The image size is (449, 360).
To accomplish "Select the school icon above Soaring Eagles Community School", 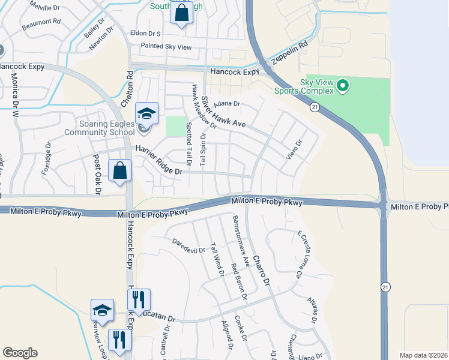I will [x=146, y=113].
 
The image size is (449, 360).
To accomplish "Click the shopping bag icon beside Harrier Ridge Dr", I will [x=120, y=171].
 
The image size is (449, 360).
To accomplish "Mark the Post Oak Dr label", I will [x=97, y=175].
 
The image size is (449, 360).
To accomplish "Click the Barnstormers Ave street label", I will [x=241, y=241].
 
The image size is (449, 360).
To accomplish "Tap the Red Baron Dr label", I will [x=238, y=281].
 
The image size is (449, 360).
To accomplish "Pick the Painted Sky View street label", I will [x=166, y=46].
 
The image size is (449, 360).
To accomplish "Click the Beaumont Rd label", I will [x=41, y=25].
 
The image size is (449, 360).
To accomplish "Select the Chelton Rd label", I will [x=127, y=89].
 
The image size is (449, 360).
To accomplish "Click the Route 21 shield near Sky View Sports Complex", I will [x=314, y=107].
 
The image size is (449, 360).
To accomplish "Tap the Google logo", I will [x=20, y=353].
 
